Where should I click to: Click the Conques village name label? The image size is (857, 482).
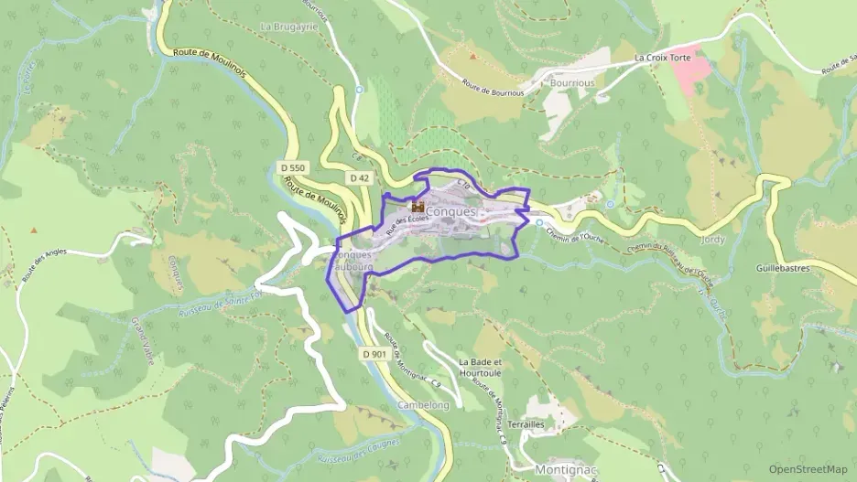tap(451, 211)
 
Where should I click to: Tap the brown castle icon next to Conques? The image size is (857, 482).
tap(418, 207)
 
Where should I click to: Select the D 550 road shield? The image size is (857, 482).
tap(293, 168)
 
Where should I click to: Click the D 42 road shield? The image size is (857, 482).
tap(359, 177)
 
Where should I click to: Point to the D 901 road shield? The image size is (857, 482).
tap(374, 354)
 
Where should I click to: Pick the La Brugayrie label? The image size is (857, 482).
tap(287, 27)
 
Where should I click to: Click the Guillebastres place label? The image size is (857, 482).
tap(791, 269)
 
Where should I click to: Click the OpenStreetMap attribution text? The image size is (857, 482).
tap(808, 469)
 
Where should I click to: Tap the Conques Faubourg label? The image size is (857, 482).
tap(353, 261)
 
